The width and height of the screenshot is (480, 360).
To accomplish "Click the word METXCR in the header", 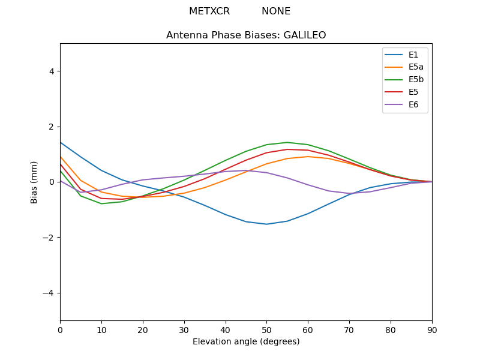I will (x=209, y=11).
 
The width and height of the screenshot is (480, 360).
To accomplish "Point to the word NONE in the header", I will (x=276, y=11).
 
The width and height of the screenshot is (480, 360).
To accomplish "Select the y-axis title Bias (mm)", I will (x=34, y=182).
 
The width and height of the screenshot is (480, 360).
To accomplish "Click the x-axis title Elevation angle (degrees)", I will (x=246, y=342).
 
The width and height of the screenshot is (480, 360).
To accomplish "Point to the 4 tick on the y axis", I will (x=52, y=71).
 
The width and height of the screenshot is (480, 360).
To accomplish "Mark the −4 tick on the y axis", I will (x=49, y=293).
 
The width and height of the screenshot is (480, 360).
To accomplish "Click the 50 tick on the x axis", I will (x=266, y=329).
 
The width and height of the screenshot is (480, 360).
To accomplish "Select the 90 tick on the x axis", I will (x=432, y=329).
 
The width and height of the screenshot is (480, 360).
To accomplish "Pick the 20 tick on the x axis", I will (x=143, y=329).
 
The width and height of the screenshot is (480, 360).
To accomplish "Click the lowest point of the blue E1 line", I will (x=266, y=224).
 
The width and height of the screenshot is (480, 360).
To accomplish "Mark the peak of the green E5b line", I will (x=287, y=142).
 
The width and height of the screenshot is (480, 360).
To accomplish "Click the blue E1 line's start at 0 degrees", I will (x=60, y=142).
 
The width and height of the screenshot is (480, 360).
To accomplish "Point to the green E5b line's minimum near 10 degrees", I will (x=101, y=203).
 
